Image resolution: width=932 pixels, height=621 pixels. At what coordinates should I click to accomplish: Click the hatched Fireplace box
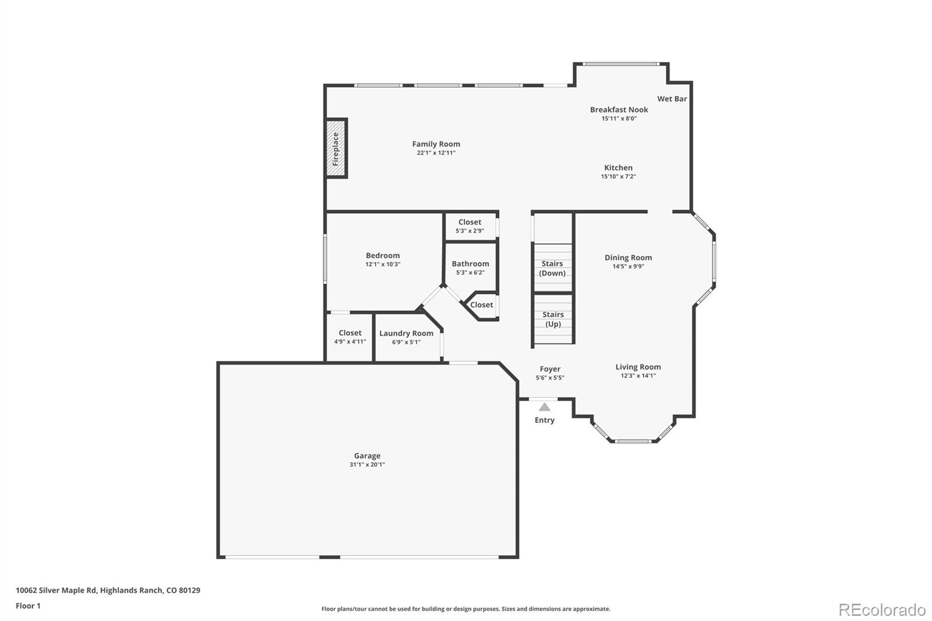(336, 149)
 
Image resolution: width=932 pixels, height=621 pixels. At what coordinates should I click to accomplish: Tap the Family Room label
(436, 144)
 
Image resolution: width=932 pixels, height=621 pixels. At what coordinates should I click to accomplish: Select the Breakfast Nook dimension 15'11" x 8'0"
(619, 119)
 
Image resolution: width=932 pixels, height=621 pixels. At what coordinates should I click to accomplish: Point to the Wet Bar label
(672, 98)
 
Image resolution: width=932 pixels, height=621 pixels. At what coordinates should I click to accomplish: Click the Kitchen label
(618, 168)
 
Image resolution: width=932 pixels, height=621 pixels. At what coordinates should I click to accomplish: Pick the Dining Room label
(629, 257)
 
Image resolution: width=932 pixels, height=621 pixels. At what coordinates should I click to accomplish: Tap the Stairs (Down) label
(552, 269)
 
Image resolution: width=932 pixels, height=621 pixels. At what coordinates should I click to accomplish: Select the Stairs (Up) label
(553, 319)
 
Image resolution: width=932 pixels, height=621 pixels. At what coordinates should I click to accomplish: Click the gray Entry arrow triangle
(545, 407)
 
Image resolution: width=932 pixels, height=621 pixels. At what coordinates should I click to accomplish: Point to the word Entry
(545, 420)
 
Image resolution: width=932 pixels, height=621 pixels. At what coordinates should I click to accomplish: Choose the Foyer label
(550, 369)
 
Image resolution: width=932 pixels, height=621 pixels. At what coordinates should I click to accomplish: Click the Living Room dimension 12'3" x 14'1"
(638, 376)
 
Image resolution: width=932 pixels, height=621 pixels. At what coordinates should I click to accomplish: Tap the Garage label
(368, 456)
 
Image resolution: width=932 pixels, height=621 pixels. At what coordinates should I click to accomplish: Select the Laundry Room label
(406, 333)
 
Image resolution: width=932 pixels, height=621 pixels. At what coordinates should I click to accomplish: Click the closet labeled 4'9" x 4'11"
(350, 337)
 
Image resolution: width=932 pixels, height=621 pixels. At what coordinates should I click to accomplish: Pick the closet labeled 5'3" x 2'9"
(470, 227)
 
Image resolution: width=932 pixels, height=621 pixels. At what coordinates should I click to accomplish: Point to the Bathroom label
(471, 264)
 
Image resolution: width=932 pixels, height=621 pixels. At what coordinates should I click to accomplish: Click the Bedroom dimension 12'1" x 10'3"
(383, 264)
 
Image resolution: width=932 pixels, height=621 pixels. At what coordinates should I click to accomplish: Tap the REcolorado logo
(882, 610)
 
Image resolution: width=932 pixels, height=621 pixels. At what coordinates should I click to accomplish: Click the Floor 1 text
(29, 606)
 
